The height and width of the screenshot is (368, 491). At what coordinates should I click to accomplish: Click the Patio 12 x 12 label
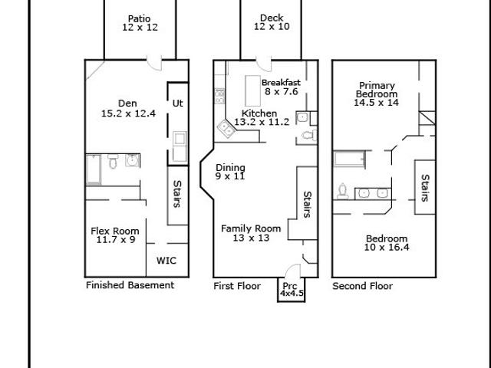click(140, 23)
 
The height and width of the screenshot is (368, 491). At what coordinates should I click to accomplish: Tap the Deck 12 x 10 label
click(272, 22)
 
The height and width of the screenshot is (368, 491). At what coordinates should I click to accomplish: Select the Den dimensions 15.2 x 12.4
click(128, 113)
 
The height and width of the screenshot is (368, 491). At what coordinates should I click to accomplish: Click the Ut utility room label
click(177, 103)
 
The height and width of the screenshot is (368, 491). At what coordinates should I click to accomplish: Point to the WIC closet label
click(166, 261)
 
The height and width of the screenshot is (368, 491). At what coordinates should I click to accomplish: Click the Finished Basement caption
click(130, 285)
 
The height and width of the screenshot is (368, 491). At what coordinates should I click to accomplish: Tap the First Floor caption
click(237, 286)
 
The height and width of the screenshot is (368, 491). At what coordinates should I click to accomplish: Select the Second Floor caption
click(363, 286)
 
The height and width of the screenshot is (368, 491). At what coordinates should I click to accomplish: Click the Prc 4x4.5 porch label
click(292, 290)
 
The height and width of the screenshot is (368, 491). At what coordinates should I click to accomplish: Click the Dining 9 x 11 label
click(230, 172)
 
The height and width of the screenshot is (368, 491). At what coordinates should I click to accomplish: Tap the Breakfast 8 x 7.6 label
click(281, 87)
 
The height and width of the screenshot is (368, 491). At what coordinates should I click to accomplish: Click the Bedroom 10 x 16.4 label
click(387, 243)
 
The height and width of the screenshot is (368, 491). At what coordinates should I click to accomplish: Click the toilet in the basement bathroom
click(113, 161)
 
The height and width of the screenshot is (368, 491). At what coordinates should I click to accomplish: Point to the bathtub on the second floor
click(349, 159)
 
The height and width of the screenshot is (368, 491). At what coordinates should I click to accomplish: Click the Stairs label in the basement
click(177, 194)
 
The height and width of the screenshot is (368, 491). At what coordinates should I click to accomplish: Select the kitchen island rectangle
click(253, 90)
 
